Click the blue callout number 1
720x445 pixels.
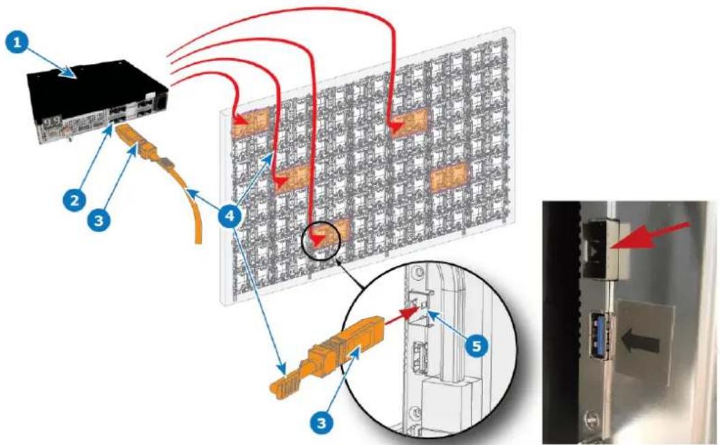18,43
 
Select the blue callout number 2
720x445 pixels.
74,200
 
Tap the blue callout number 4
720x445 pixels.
229,215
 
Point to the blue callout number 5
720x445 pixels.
477,346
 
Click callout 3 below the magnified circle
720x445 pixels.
322,421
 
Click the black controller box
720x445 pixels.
99,99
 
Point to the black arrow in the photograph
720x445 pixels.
640,343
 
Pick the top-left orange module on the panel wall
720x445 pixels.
249,122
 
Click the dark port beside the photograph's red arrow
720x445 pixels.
597,247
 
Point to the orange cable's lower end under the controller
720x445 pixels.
198,240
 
